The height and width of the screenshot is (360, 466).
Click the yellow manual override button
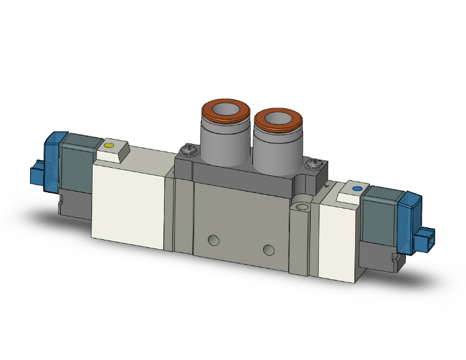click(109, 147)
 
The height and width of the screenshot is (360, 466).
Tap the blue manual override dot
click(357, 188)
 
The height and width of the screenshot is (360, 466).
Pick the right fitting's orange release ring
click(276, 120)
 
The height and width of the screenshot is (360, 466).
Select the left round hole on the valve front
click(214, 240)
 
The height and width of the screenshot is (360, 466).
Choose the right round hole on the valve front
click(269, 250)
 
